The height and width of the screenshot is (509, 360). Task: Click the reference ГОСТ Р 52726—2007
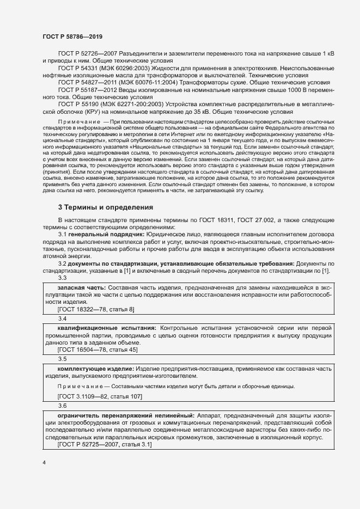coord(87,54)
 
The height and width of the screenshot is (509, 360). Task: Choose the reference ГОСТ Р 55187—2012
coord(87,89)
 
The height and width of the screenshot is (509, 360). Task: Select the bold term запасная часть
coord(81,287)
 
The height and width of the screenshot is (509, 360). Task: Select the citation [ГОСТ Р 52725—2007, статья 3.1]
coord(105,445)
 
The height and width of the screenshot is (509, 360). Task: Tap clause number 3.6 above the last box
coord(62,406)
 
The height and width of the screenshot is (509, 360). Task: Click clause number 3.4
coord(62,318)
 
